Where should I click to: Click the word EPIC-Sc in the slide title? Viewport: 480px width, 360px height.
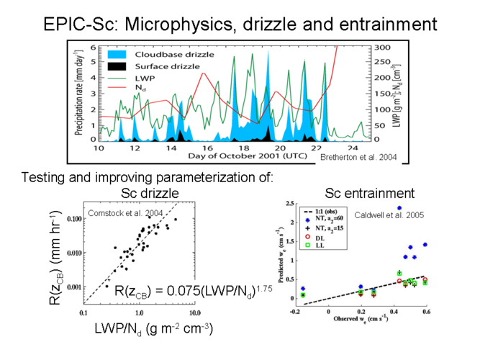tap(80, 24)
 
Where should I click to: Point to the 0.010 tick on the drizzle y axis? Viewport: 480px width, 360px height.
tap(71, 253)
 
